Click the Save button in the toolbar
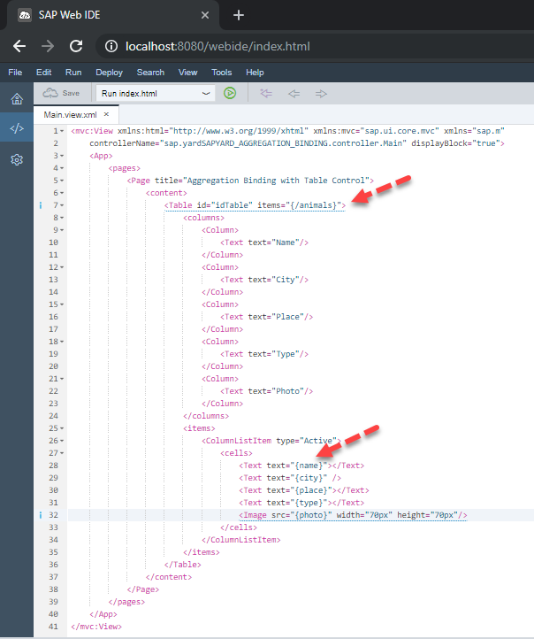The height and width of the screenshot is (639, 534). [x=61, y=93]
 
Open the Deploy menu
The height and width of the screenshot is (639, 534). [x=109, y=73]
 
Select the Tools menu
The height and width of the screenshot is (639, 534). [x=221, y=73]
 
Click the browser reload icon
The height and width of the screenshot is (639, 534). [x=76, y=46]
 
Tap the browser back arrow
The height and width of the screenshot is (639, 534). [x=19, y=46]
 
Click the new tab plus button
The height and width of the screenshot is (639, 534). [x=239, y=15]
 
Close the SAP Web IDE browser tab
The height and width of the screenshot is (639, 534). [x=205, y=15]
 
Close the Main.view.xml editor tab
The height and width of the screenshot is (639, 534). [x=106, y=114]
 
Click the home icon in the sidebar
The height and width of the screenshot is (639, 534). [x=17, y=98]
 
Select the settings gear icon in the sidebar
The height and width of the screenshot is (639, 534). [x=17, y=159]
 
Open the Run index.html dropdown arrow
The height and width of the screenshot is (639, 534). [x=206, y=93]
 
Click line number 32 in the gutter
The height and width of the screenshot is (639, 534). [x=53, y=515]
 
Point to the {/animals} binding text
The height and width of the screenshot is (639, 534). [x=314, y=205]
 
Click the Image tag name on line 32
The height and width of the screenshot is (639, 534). [x=255, y=515]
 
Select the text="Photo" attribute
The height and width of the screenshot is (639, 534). [x=275, y=391]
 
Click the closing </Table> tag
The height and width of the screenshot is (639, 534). [x=183, y=565]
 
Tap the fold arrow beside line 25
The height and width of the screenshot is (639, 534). [x=62, y=428]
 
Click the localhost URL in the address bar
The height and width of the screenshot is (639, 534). [x=217, y=46]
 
